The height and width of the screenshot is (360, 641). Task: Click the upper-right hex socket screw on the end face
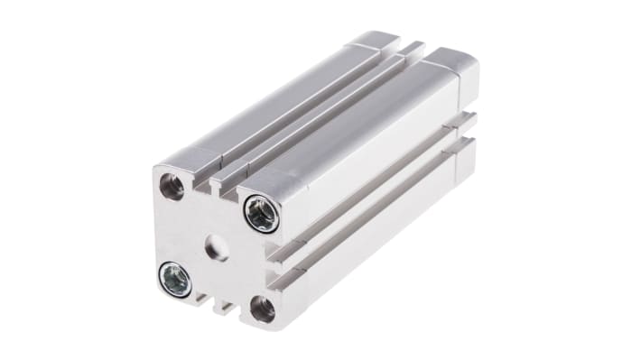(263, 215)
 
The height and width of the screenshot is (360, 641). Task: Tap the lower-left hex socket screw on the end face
(175, 279)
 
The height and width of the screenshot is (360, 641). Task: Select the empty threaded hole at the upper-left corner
(172, 186)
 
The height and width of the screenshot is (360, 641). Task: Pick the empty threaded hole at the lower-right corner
(262, 309)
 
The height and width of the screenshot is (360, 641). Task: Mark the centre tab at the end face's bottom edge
(220, 307)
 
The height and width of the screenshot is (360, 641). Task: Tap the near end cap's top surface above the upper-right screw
(271, 181)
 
